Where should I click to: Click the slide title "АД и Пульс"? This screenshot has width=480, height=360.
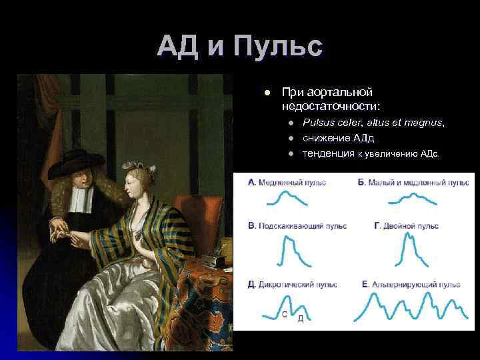(240, 47)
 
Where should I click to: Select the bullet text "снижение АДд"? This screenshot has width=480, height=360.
(338, 138)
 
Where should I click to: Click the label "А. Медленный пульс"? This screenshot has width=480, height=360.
(287, 183)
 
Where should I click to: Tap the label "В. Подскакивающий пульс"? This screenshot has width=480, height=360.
(297, 226)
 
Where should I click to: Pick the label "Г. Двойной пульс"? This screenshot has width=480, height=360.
(406, 226)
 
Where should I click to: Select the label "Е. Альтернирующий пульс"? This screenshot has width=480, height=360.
(411, 285)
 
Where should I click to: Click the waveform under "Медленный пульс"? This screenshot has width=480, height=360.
(287, 201)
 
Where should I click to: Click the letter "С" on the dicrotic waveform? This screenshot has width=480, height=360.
(285, 314)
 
